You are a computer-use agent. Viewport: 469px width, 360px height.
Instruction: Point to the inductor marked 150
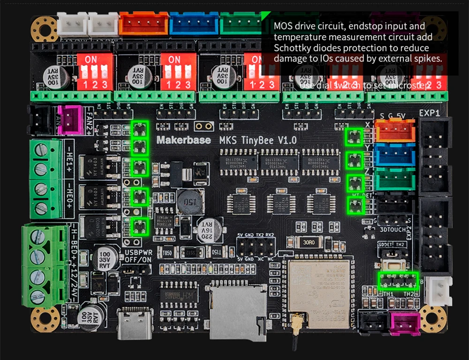click(x=190, y=202)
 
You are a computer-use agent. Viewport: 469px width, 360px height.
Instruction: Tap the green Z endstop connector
click(x=395, y=179)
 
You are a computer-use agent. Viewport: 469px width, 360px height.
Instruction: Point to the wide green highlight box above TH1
click(x=398, y=281)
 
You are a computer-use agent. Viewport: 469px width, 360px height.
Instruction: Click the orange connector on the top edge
click(x=144, y=23)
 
